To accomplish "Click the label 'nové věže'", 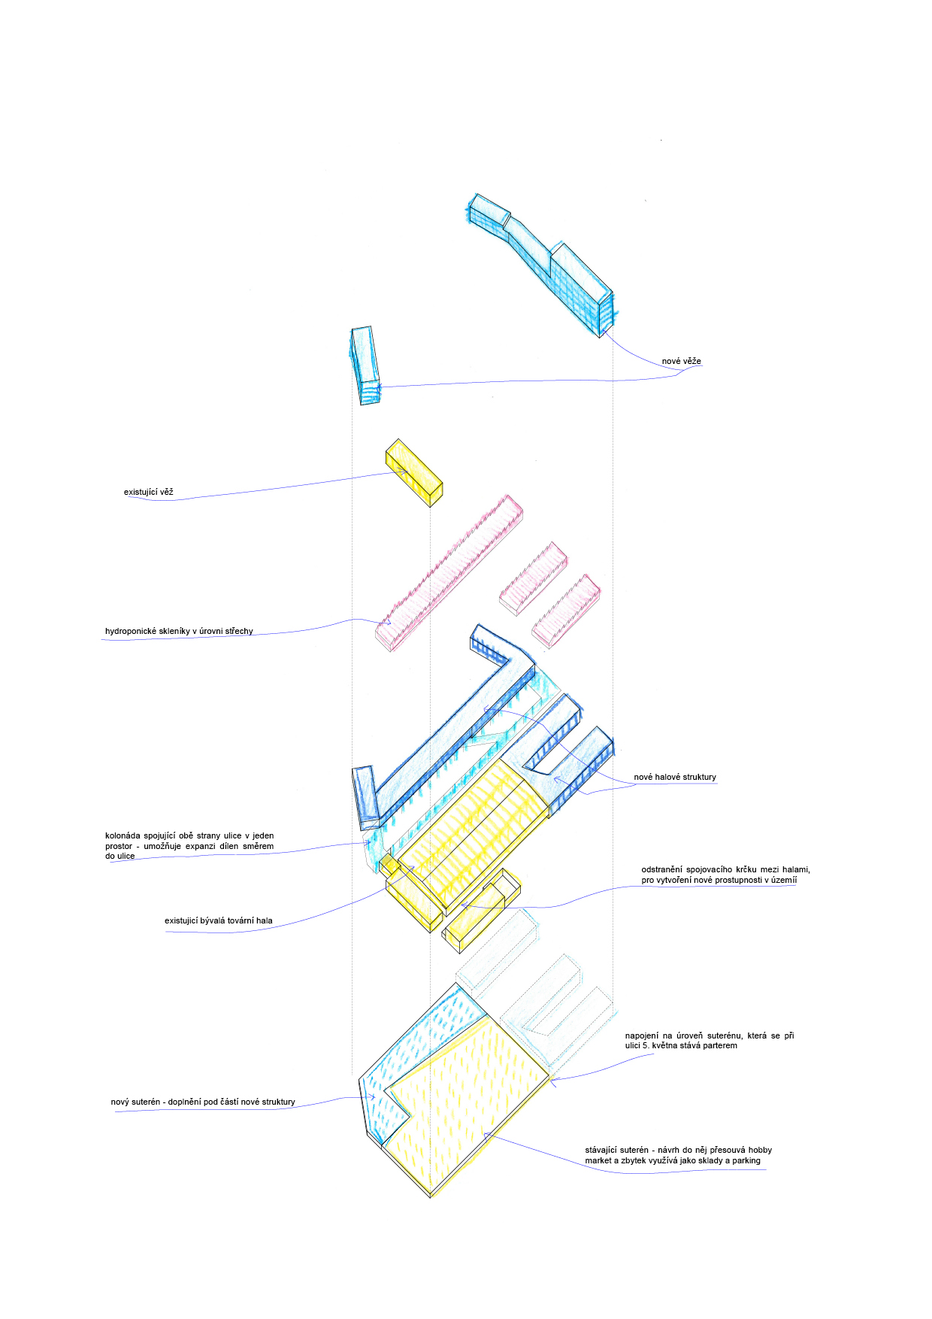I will (681, 361).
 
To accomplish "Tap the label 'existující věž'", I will (148, 492).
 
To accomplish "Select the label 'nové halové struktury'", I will (674, 777).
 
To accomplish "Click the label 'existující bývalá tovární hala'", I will (218, 920).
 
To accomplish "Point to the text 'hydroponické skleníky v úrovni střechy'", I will (179, 631).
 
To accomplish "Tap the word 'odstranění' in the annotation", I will (661, 869).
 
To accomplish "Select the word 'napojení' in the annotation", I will (641, 1035).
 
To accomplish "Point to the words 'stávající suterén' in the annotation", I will (616, 1150).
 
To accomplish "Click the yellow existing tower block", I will (413, 471).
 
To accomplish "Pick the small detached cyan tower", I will (365, 365).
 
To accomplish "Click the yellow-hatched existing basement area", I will (466, 1105).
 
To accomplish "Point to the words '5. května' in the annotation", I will (660, 1045).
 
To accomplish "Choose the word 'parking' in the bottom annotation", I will (746, 1160).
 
